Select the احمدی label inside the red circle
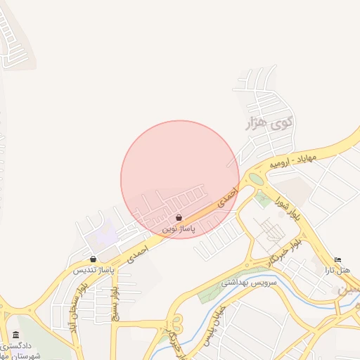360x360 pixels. (226, 196)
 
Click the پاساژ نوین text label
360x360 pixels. (179, 229)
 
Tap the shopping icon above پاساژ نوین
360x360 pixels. (179, 218)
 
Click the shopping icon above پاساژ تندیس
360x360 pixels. (94, 259)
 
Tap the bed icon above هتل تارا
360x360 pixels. (338, 260)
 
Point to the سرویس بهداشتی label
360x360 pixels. (250, 283)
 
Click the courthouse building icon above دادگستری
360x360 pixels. (16, 335)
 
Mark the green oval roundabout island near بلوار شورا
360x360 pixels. (256, 179)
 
